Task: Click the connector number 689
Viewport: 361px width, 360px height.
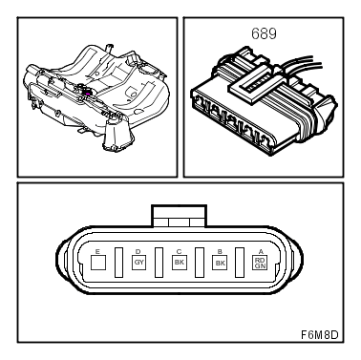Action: click(264, 33)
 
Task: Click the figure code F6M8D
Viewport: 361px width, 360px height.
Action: click(320, 335)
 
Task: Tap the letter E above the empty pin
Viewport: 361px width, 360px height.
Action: click(97, 251)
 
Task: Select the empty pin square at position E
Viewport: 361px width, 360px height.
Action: click(98, 263)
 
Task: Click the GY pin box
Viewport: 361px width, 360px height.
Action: click(138, 263)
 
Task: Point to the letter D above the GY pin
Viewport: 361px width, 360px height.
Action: click(138, 251)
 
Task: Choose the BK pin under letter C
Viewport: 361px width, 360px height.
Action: click(180, 263)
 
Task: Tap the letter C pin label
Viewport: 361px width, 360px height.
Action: click(179, 251)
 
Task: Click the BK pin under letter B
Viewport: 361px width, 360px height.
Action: click(220, 263)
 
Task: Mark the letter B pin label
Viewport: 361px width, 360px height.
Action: click(220, 251)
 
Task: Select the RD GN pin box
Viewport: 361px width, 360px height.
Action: click(260, 263)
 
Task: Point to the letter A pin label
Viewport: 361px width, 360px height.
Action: click(261, 252)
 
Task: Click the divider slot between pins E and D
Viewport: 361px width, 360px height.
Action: click(118, 263)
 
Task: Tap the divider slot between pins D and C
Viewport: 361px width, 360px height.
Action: click(159, 263)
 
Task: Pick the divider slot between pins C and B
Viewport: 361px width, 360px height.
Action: click(200, 263)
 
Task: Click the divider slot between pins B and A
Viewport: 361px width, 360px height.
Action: click(240, 263)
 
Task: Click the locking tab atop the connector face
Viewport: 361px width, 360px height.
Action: click(180, 216)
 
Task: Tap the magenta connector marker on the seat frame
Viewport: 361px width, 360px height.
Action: click(88, 94)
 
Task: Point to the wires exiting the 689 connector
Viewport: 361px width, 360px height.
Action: click(303, 65)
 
